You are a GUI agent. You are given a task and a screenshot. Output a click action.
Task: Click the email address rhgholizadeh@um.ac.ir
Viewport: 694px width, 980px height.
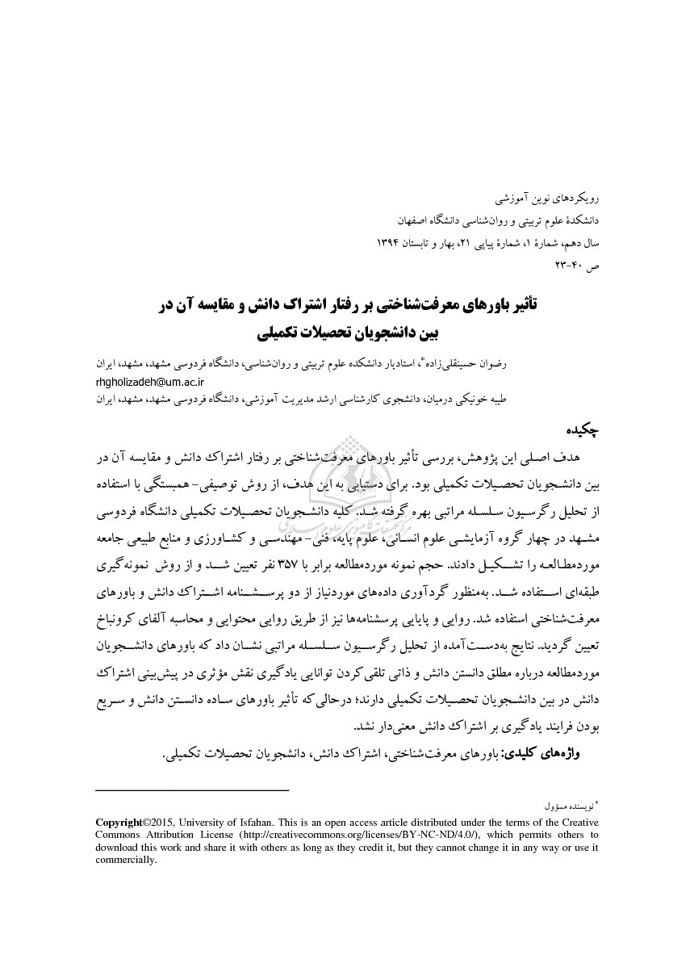click(150, 381)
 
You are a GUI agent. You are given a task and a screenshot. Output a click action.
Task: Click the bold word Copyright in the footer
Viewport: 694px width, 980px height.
click(119, 823)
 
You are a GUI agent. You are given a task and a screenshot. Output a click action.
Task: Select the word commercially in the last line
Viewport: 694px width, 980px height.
click(125, 860)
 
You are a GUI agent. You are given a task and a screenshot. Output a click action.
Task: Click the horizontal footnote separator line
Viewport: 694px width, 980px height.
click(192, 789)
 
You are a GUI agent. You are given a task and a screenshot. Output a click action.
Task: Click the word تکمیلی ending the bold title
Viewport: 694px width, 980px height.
click(278, 331)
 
